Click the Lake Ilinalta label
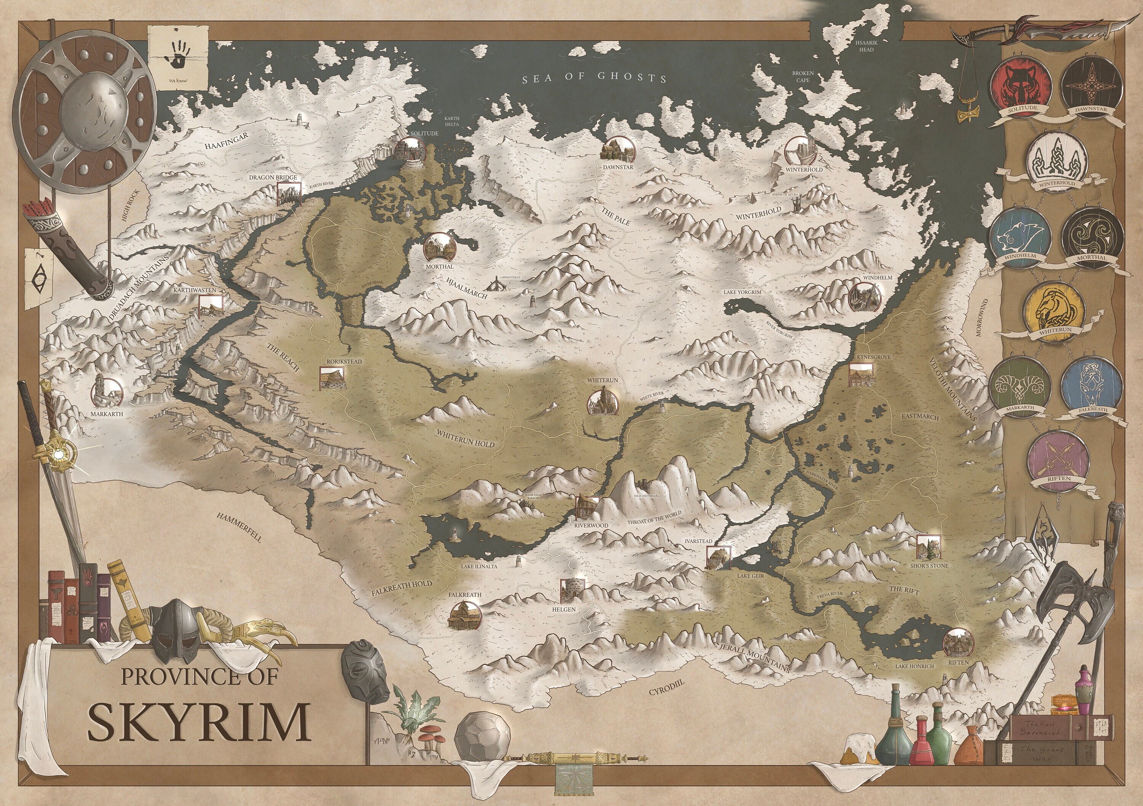(x=479, y=566)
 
